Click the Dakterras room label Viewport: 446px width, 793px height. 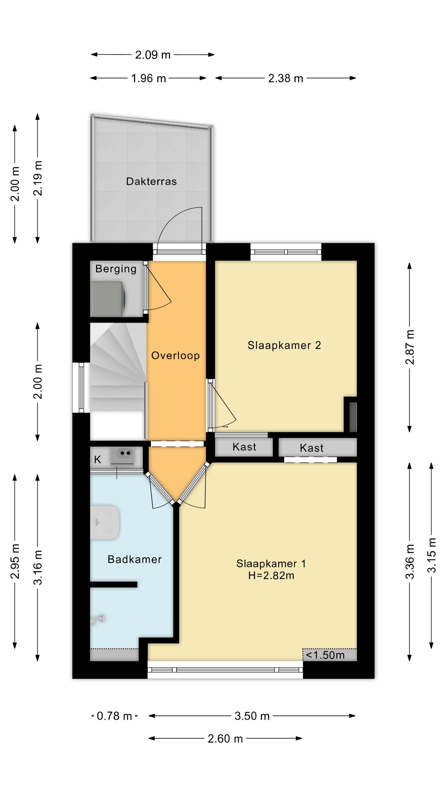click(151, 181)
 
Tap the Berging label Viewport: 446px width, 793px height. click(116, 269)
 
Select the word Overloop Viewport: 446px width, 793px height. click(175, 355)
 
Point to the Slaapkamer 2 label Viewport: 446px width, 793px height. click(284, 345)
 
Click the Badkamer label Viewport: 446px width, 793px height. click(134, 559)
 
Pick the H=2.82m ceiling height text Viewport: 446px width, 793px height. click(271, 575)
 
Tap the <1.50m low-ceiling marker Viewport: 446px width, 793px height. click(325, 655)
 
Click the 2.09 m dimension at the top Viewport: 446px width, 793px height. click(153, 55)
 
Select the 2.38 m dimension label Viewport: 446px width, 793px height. click(286, 78)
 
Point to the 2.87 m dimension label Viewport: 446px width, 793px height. click(410, 347)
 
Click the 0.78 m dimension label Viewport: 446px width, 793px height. click(114, 716)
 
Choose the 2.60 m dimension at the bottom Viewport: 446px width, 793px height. click(225, 739)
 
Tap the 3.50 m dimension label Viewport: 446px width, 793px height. click(252, 716)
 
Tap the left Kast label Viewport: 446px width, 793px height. click(244, 447)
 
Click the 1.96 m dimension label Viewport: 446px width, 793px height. click(148, 78)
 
